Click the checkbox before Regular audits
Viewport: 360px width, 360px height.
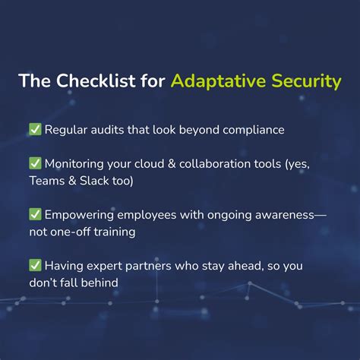coord(35,129)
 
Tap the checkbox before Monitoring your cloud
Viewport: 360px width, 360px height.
coord(35,163)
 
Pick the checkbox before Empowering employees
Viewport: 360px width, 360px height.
coord(35,214)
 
